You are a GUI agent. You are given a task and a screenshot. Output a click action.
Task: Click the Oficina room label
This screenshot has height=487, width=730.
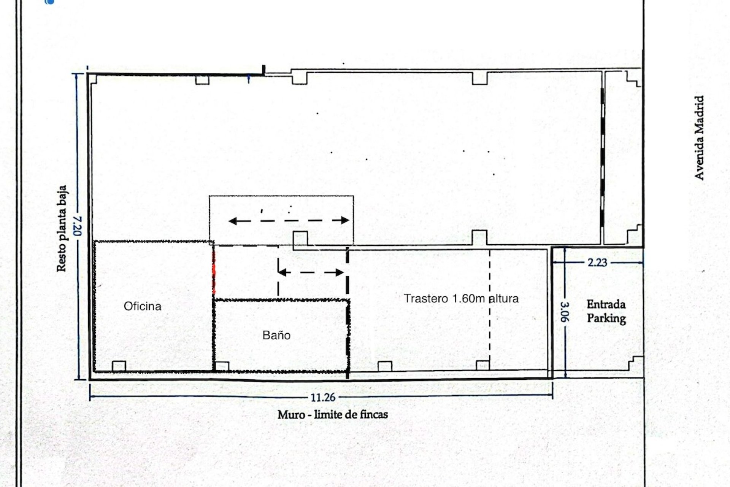pyautogui.click(x=143, y=306)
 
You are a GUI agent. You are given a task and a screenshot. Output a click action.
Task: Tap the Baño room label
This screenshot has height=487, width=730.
pyautogui.click(x=276, y=335)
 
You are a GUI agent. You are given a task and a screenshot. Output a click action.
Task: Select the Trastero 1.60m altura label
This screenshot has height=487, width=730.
pyautogui.click(x=461, y=298)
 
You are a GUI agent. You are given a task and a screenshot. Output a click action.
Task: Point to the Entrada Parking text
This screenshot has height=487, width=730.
pyautogui.click(x=606, y=311)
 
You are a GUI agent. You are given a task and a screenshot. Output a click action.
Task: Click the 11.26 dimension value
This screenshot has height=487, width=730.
pyautogui.click(x=323, y=398)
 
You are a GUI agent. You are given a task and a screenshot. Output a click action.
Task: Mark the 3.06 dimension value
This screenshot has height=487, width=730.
pyautogui.click(x=565, y=312)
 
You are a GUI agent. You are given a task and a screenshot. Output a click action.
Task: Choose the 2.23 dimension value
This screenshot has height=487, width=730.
pyautogui.click(x=597, y=263)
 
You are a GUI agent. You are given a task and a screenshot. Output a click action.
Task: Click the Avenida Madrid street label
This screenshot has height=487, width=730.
pyautogui.click(x=699, y=137)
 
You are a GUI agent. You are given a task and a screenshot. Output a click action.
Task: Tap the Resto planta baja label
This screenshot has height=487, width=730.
pyautogui.click(x=61, y=229)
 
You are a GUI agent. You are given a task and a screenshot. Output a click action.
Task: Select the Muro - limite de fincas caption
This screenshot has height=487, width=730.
pyautogui.click(x=333, y=414)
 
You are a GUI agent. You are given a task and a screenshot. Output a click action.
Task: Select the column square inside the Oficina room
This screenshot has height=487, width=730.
pyautogui.click(x=119, y=366)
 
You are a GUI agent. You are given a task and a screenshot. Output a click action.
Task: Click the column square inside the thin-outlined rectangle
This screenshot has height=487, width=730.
pyautogui.click(x=300, y=239)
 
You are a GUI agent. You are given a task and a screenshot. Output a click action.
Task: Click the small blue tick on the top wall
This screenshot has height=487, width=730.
pyautogui.click(x=248, y=79)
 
